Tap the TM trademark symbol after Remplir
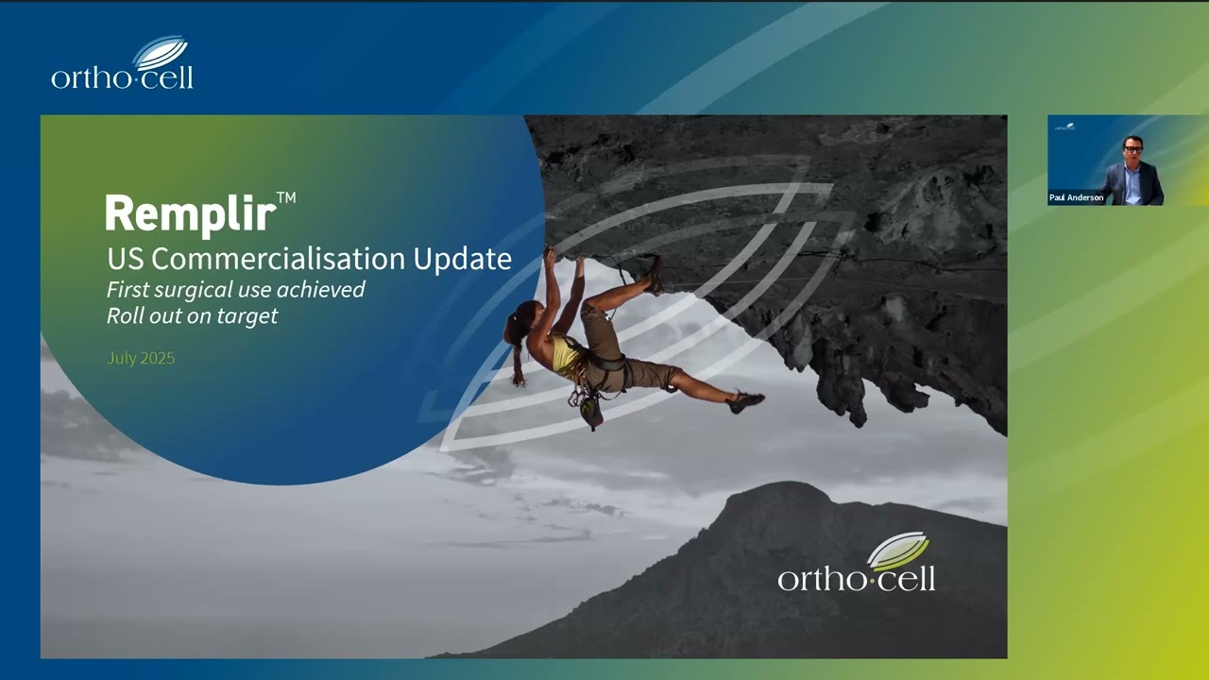(286, 198)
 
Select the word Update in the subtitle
(468, 259)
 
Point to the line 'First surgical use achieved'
(235, 290)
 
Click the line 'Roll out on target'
(192, 316)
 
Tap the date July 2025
(141, 359)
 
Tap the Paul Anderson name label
(1076, 198)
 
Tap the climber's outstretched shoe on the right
(745, 401)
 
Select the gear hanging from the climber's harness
(589, 408)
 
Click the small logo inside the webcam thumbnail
(1064, 127)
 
